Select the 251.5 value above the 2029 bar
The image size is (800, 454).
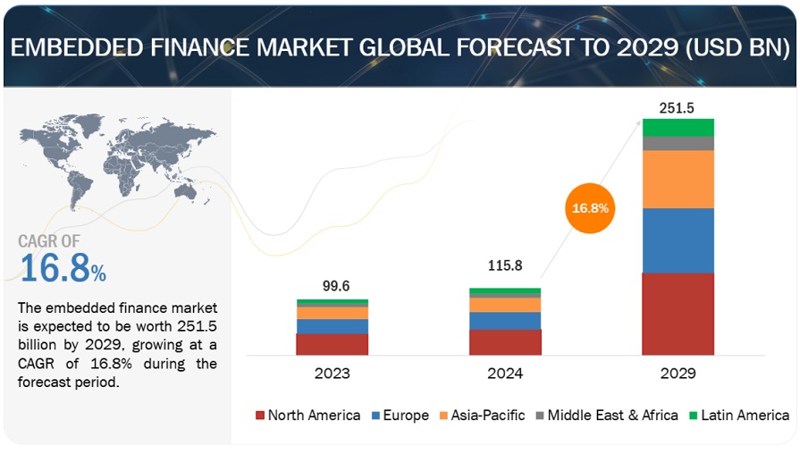[678, 107]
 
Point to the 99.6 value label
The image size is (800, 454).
[332, 286]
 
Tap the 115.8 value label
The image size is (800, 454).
[505, 266]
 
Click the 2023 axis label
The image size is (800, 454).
[332, 373]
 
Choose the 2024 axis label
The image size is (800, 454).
[505, 373]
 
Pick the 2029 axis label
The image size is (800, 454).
[678, 373]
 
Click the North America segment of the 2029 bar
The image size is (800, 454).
[678, 314]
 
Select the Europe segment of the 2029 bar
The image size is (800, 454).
[678, 240]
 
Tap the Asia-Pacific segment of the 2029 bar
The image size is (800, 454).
[678, 179]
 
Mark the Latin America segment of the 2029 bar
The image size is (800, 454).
[678, 127]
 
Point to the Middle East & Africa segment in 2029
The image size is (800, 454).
[678, 143]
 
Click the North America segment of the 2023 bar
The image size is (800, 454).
[332, 344]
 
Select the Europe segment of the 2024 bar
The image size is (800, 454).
[505, 320]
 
